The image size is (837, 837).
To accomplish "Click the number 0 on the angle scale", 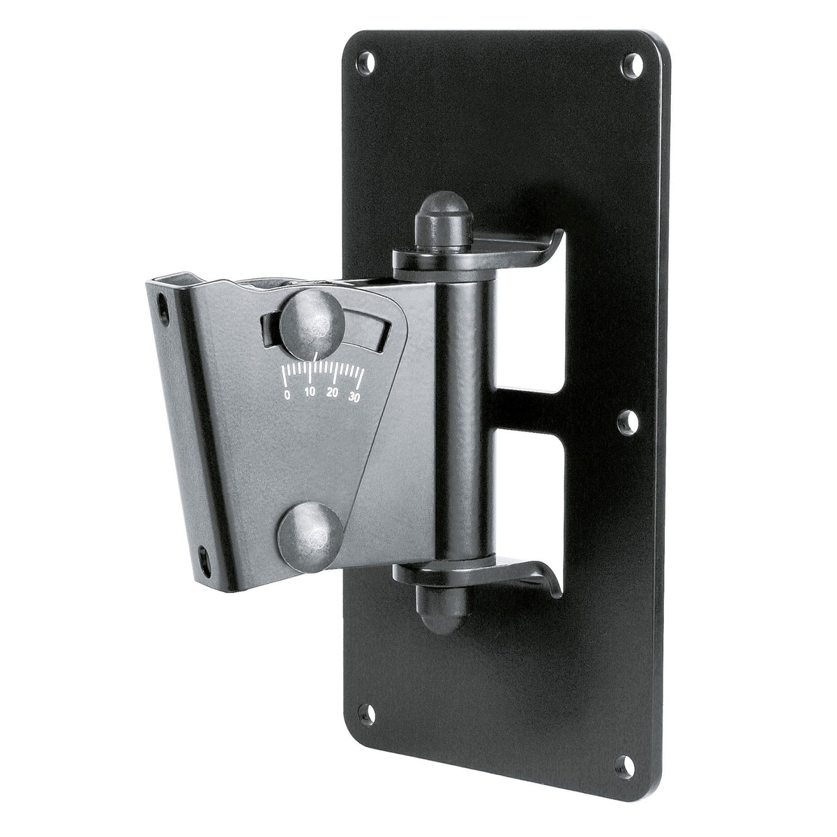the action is (287, 395).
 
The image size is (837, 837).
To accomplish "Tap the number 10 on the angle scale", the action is (310, 392).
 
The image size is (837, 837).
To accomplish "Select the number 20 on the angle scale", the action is (333, 393).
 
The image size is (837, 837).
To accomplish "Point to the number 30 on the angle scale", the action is (354, 397).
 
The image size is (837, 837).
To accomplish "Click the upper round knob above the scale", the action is (312, 319).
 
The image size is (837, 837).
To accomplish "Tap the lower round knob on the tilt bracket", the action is (310, 538).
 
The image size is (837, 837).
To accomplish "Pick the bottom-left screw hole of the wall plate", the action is (366, 714).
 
